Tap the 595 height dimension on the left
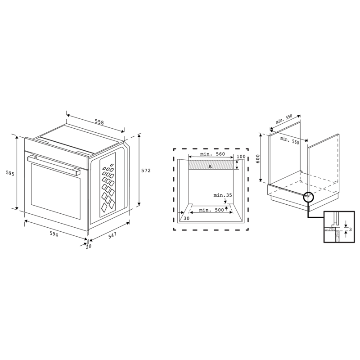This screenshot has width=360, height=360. click(9, 172)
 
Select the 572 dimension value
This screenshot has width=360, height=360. click(146, 171)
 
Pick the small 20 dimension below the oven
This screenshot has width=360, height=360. click(88, 247)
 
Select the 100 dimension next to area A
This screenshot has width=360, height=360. click(241, 157)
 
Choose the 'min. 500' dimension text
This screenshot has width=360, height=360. click(211, 210)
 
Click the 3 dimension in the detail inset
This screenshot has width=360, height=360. click(350, 230)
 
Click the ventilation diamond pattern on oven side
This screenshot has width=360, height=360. click(108, 182)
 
